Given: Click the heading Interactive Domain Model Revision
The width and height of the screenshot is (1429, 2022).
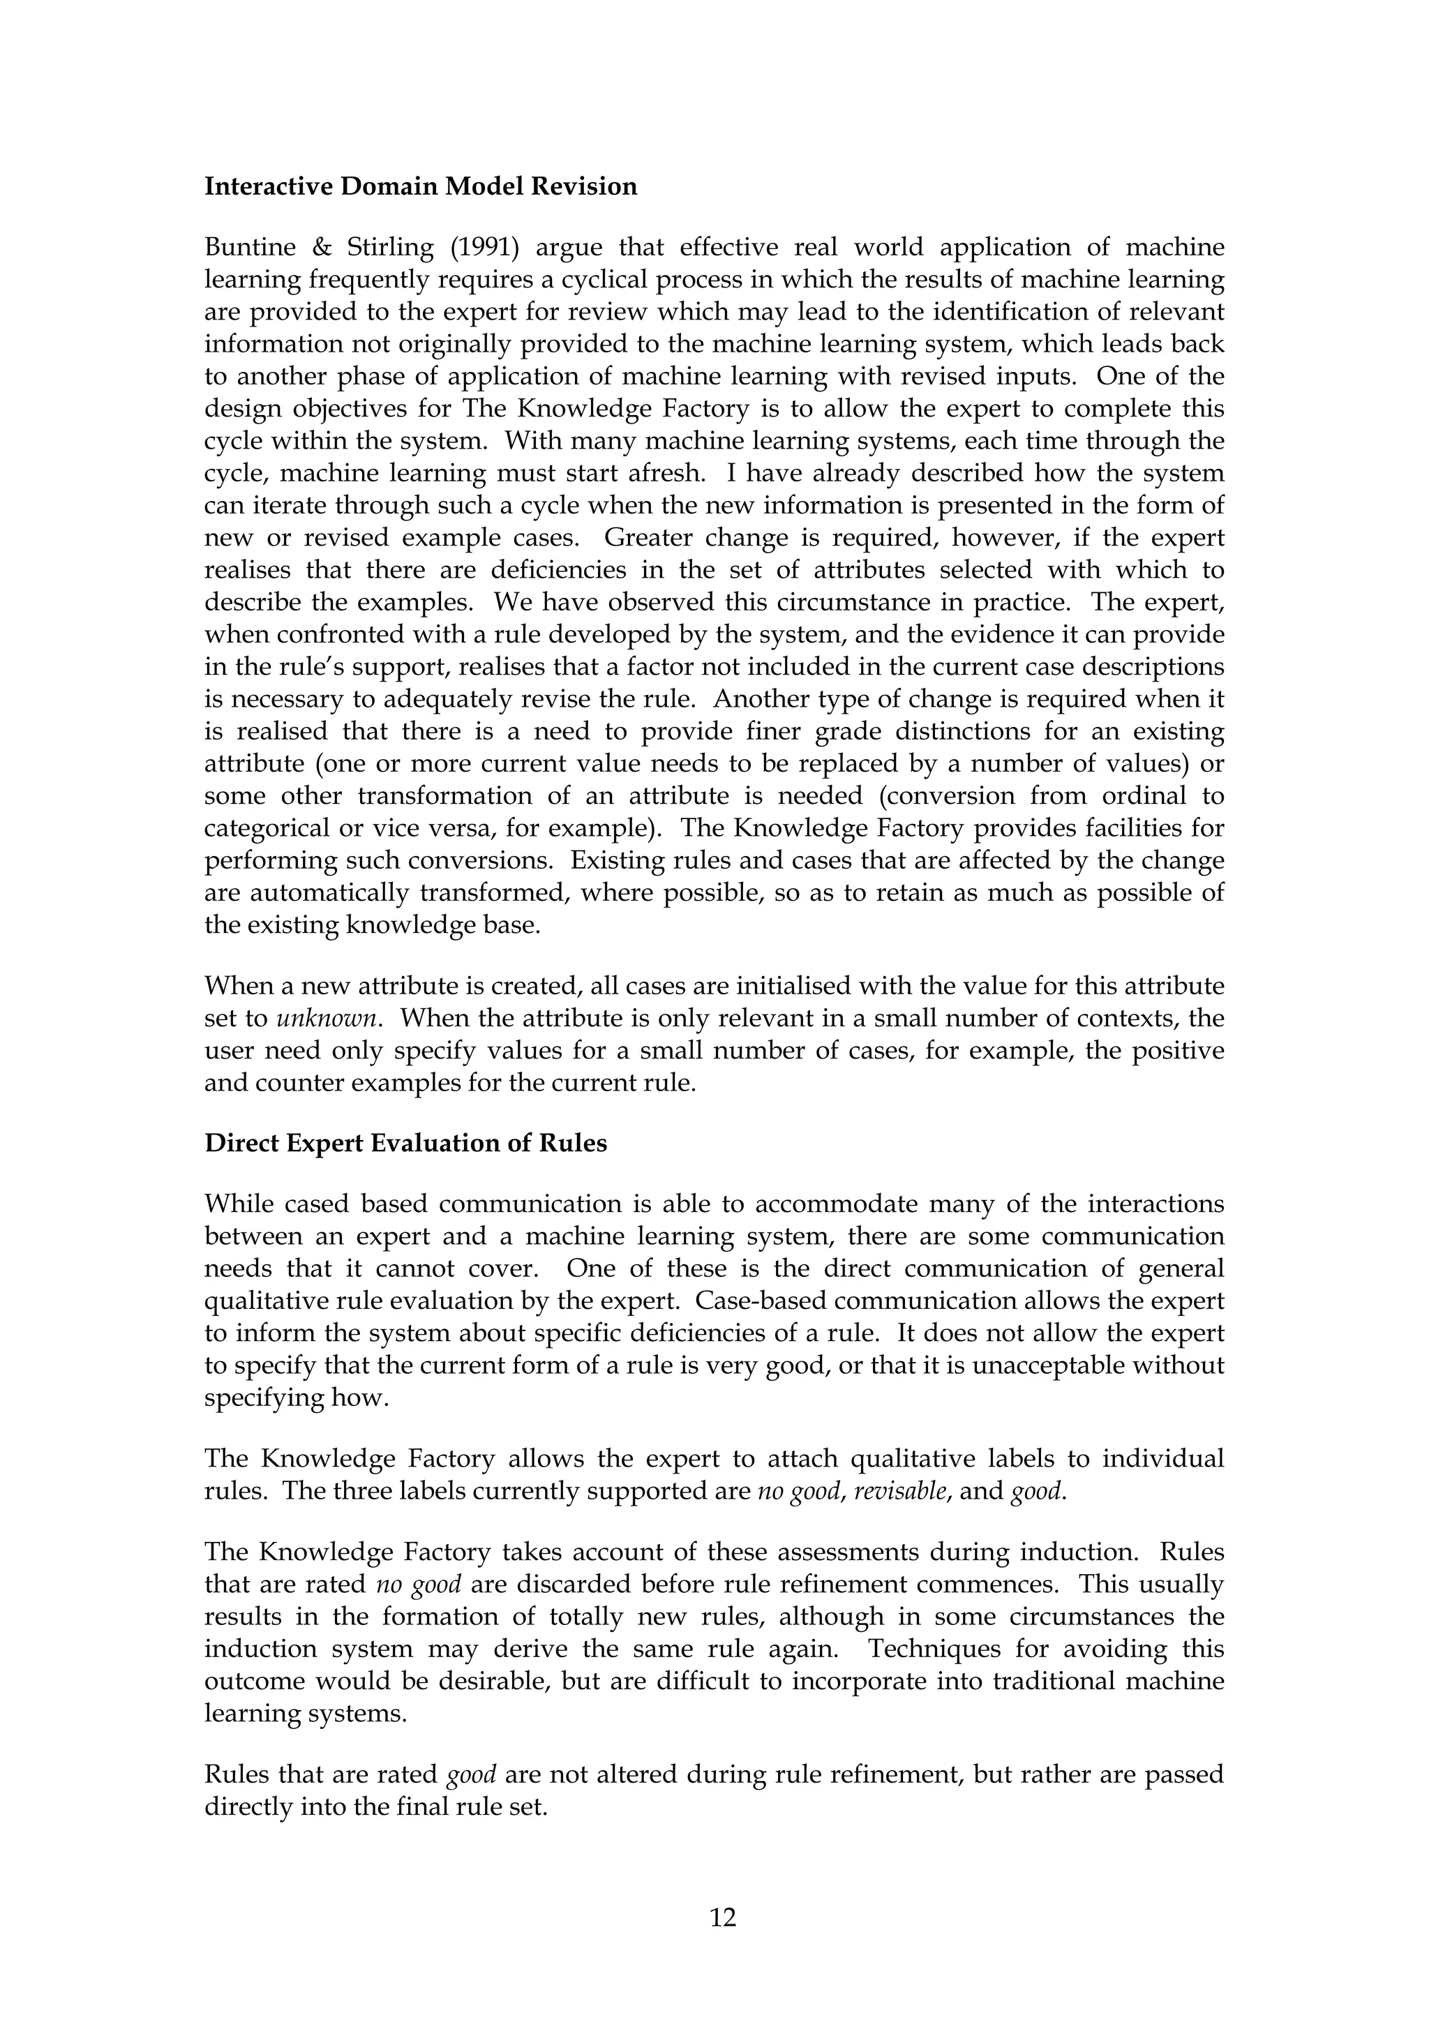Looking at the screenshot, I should point(420,187).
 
